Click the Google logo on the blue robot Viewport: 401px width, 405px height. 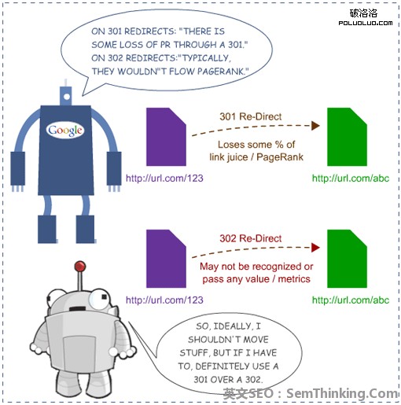pyautogui.click(x=65, y=131)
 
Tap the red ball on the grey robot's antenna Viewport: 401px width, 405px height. pyautogui.click(x=80, y=267)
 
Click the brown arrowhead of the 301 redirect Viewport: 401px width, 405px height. pyautogui.click(x=315, y=126)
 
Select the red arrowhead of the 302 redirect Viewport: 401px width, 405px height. pyautogui.click(x=315, y=248)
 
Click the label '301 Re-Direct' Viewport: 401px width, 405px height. pyautogui.click(x=251, y=116)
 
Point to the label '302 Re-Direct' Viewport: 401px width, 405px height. pyautogui.click(x=251, y=238)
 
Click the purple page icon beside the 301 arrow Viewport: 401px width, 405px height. pyautogui.click(x=166, y=137)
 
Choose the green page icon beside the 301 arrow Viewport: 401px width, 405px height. pyautogui.click(x=347, y=137)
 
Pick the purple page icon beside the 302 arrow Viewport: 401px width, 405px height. pyautogui.click(x=166, y=259)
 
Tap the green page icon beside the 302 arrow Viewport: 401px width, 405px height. pyautogui.click(x=347, y=259)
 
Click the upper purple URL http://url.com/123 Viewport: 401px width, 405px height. pyautogui.click(x=164, y=179)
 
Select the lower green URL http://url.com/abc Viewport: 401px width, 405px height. pyautogui.click(x=351, y=300)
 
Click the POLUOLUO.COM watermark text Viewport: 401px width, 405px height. pyautogui.click(x=366, y=23)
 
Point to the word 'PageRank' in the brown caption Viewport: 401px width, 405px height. pyautogui.click(x=280, y=157)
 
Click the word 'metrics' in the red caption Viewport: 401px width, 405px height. pyautogui.click(x=294, y=279)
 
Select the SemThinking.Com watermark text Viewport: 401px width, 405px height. pyautogui.click(x=342, y=393)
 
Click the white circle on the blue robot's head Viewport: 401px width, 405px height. pyautogui.click(x=67, y=97)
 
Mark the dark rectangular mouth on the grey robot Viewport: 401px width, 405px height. pyautogui.click(x=78, y=309)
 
